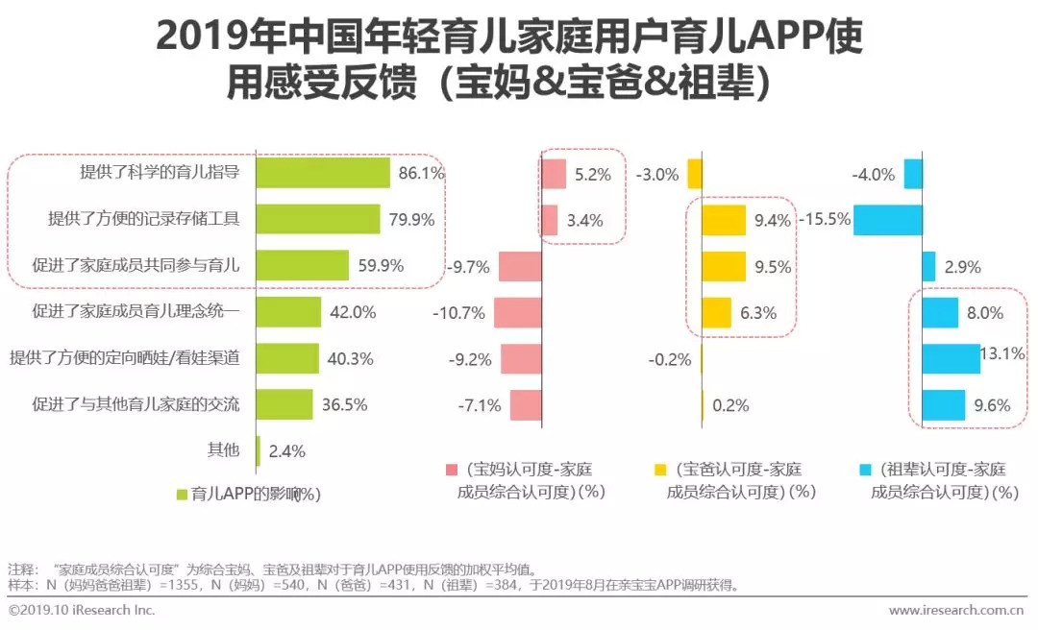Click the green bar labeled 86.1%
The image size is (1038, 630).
(x=324, y=174)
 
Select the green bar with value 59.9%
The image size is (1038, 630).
(x=303, y=265)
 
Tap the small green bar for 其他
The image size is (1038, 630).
(x=258, y=450)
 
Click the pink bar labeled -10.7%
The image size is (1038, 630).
(x=518, y=312)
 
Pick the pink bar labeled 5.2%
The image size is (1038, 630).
(x=554, y=174)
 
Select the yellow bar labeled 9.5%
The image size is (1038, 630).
(x=724, y=265)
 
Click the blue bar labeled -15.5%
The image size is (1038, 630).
(x=888, y=219)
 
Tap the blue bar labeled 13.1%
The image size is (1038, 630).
(x=951, y=358)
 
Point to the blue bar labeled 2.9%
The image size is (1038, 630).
(x=928, y=265)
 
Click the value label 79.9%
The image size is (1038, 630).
(x=408, y=220)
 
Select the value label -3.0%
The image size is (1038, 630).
(x=657, y=175)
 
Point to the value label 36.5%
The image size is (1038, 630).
(x=344, y=404)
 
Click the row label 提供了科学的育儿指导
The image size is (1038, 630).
(x=160, y=174)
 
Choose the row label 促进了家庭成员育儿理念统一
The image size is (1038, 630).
(x=136, y=312)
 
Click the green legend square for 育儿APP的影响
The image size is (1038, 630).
(x=182, y=494)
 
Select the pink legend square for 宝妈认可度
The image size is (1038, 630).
(x=452, y=470)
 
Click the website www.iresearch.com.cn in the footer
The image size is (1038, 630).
(x=955, y=610)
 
